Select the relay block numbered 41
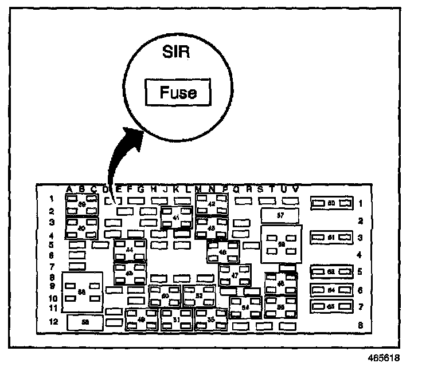176,218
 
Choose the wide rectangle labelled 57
280,215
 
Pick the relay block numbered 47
235,275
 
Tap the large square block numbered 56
82,291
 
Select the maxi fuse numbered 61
331,236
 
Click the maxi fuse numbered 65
331,307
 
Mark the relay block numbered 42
212,204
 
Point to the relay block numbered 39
81,204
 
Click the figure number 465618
383,359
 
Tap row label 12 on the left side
53,322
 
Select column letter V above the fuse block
295,189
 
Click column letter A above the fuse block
69,189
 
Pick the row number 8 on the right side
360,325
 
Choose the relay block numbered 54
245,307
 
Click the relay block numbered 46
222,251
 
